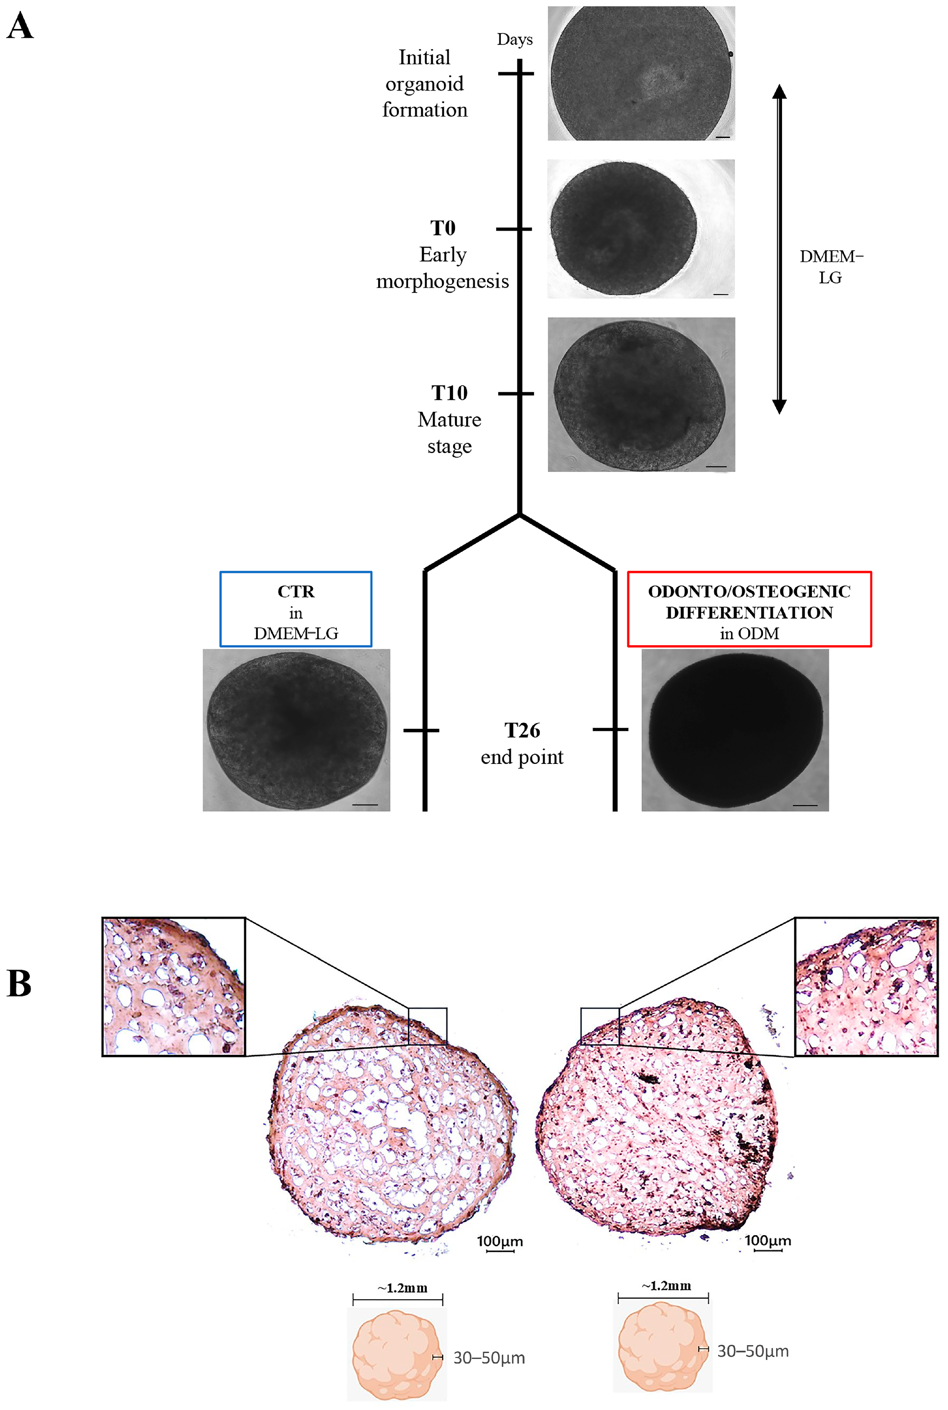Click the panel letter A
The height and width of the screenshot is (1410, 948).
click(x=20, y=28)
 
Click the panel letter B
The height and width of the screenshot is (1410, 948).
click(x=19, y=983)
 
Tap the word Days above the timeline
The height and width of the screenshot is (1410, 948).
click(x=515, y=40)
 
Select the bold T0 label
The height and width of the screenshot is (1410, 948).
click(x=443, y=229)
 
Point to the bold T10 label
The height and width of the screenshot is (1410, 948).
click(x=449, y=393)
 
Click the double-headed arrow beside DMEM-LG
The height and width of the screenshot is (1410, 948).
click(x=779, y=249)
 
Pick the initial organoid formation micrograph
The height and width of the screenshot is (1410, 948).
click(x=641, y=74)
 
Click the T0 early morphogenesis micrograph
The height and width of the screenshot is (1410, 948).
click(x=641, y=229)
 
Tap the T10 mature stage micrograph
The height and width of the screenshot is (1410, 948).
click(x=641, y=394)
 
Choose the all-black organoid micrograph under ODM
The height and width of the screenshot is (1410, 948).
click(x=735, y=730)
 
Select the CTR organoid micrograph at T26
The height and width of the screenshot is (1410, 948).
click(x=296, y=730)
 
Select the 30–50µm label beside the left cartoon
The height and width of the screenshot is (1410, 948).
click(x=489, y=1358)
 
